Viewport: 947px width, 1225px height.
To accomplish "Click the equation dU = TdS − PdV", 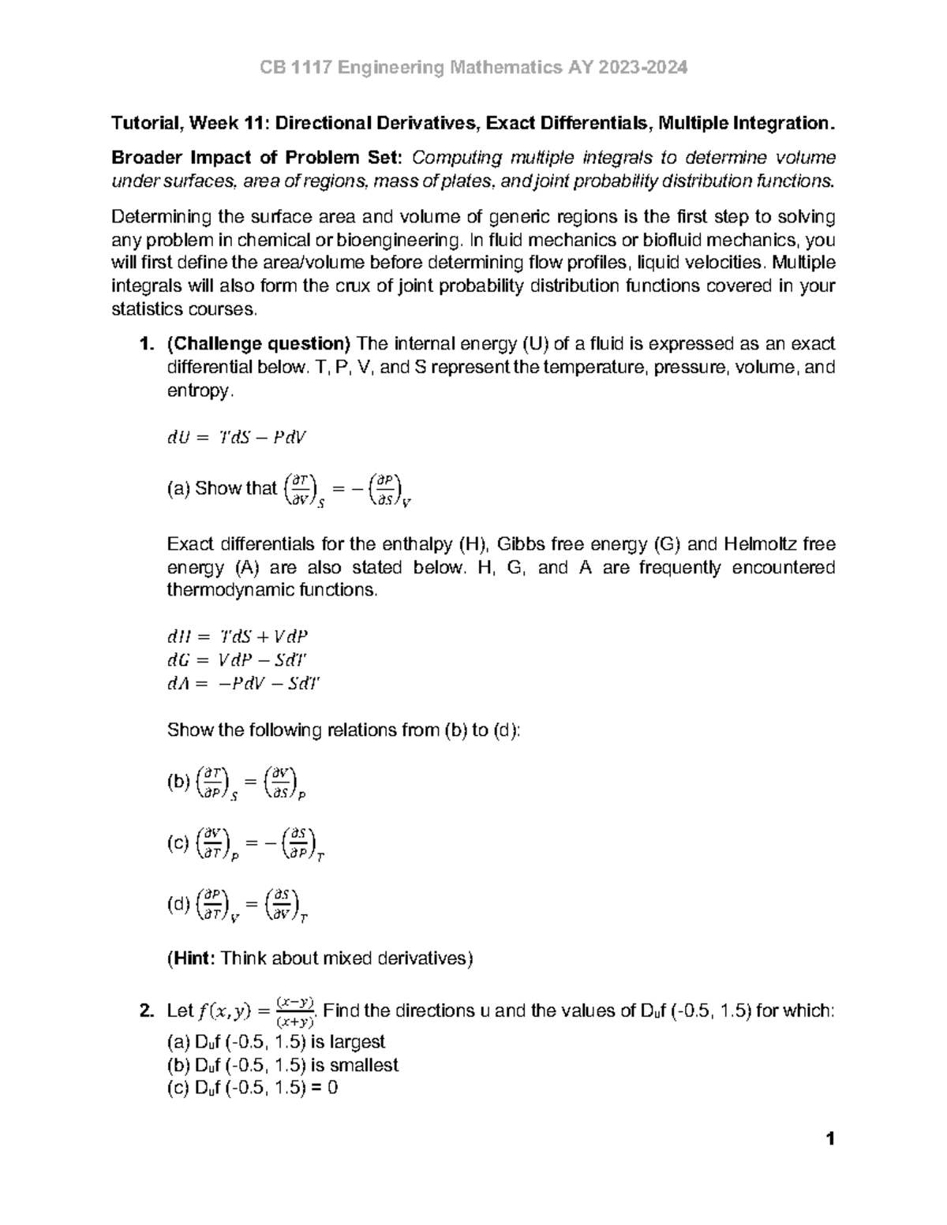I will (x=236, y=439).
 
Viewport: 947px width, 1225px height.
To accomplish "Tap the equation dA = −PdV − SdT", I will (x=243, y=684).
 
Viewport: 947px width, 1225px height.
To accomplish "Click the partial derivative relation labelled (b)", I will (x=237, y=782).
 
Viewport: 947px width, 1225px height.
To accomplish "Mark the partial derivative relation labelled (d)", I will (x=237, y=905).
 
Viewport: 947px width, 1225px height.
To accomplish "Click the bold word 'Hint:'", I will (x=191, y=958).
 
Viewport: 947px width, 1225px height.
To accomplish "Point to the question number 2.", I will (x=143, y=1010).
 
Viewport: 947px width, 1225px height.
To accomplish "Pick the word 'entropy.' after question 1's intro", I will (x=200, y=391).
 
